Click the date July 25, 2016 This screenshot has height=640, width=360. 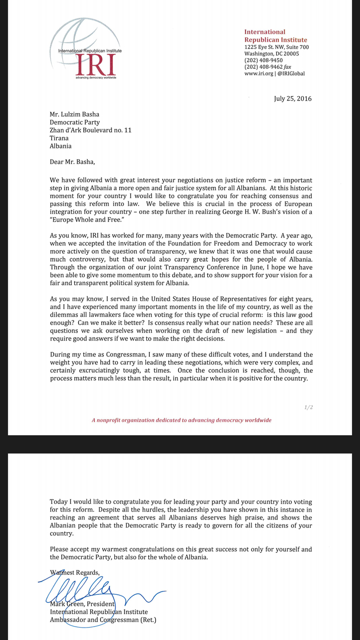(x=293, y=99)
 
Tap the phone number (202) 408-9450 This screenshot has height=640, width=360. (x=263, y=60)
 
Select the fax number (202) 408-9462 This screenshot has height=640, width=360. (x=263, y=67)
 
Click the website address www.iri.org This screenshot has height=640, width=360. (x=259, y=73)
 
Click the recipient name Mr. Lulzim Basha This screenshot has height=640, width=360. (x=74, y=114)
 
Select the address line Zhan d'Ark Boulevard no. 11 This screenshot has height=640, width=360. (x=91, y=130)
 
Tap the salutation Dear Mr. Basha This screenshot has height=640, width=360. (x=72, y=162)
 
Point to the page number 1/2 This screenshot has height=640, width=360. (x=308, y=407)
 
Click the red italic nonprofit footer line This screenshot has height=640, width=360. (x=181, y=420)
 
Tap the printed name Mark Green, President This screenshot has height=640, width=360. (x=82, y=604)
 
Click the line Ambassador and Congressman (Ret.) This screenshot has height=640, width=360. (x=103, y=620)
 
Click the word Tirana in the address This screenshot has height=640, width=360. (x=60, y=138)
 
